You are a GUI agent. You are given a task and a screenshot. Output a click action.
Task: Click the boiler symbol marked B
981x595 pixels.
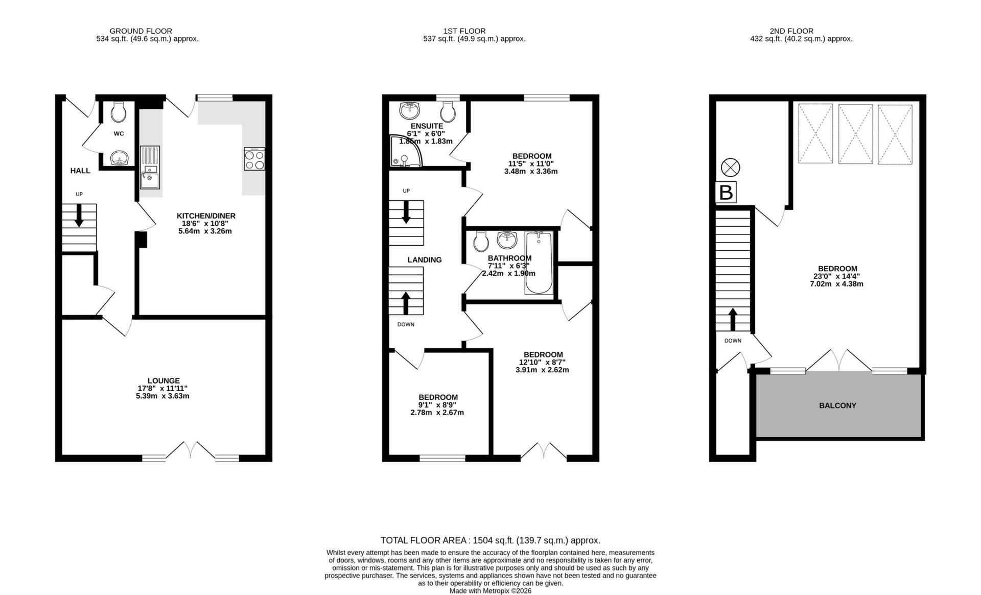(726, 193)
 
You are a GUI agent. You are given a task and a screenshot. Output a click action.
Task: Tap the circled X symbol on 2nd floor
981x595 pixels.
(730, 167)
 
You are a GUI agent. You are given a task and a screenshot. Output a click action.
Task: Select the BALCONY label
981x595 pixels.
(837, 406)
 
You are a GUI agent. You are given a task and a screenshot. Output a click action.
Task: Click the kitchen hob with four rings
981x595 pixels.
(254, 159)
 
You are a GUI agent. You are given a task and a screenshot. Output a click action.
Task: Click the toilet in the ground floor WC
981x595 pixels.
(119, 112)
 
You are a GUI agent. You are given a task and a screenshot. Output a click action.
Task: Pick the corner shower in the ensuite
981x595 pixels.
(406, 151)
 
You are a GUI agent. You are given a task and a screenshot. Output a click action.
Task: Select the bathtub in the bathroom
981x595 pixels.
(539, 263)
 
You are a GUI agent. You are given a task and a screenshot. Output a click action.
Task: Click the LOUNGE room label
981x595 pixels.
(163, 380)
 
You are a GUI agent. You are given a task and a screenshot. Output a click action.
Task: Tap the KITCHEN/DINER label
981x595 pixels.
(206, 216)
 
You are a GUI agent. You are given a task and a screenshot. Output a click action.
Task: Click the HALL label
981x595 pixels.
(80, 171)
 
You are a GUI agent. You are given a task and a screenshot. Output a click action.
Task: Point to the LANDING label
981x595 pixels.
(425, 259)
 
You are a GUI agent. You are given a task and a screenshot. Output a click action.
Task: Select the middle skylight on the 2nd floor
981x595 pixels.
(855, 134)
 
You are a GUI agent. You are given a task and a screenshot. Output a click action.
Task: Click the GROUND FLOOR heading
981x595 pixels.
(141, 31)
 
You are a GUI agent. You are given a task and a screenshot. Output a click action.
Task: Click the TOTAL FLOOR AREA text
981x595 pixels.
(490, 540)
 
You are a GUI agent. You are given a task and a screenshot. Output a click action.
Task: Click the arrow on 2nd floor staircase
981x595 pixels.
(732, 319)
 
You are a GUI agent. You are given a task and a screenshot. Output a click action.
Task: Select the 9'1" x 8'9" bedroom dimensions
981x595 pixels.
(437, 405)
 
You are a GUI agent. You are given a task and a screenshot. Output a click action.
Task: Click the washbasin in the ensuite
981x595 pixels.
(410, 109)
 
